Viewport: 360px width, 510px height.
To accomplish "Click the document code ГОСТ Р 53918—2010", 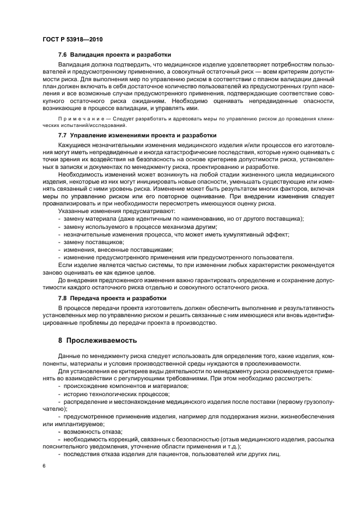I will coord(72,40).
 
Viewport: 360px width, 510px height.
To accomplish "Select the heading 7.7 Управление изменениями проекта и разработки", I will coord(137,135).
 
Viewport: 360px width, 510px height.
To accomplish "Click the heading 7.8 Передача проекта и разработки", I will coord(112,299).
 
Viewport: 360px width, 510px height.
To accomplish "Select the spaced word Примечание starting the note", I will coord(78,119).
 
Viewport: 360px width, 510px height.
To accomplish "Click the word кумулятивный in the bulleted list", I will coord(242,234).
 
